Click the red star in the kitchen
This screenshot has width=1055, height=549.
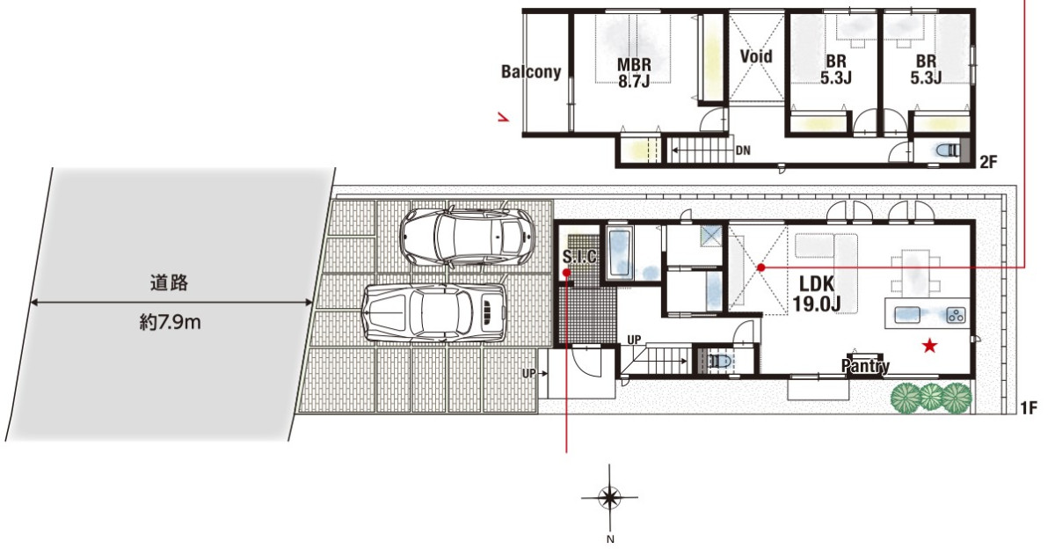coord(929,346)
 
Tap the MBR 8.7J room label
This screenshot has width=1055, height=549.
coord(634,72)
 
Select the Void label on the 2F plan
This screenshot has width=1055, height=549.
coord(756,56)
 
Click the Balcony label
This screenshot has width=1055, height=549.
coord(531,71)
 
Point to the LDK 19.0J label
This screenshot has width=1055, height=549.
coord(816,294)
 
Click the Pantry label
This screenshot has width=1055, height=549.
coord(865,366)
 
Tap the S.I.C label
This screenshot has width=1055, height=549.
coord(578,256)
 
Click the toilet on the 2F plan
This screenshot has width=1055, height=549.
coord(947,150)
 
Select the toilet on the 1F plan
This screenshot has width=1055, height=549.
coord(718,362)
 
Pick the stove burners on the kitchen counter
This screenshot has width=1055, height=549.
coord(956,315)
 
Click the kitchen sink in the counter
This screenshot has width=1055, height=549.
coord(907,314)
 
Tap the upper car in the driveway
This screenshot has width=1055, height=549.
coord(467,237)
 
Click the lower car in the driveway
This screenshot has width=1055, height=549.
coord(434,311)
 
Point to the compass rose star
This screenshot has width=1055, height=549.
coord(609,497)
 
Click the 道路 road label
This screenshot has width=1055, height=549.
coord(169,282)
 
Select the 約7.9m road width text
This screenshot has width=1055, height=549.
coord(170,323)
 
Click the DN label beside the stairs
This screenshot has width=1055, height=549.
coord(743,150)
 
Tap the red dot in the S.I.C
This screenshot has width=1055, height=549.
coord(566,273)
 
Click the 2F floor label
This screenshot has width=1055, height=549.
coord(988,162)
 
